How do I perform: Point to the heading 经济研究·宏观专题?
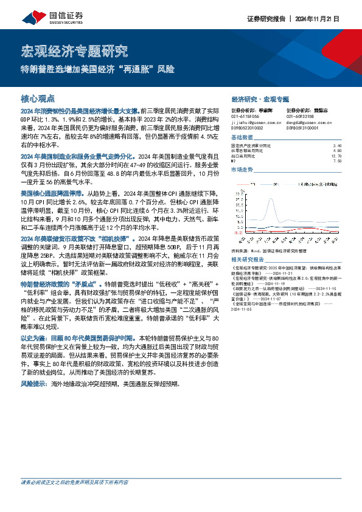(x=260, y=98)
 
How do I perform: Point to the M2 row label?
(x=234, y=161)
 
